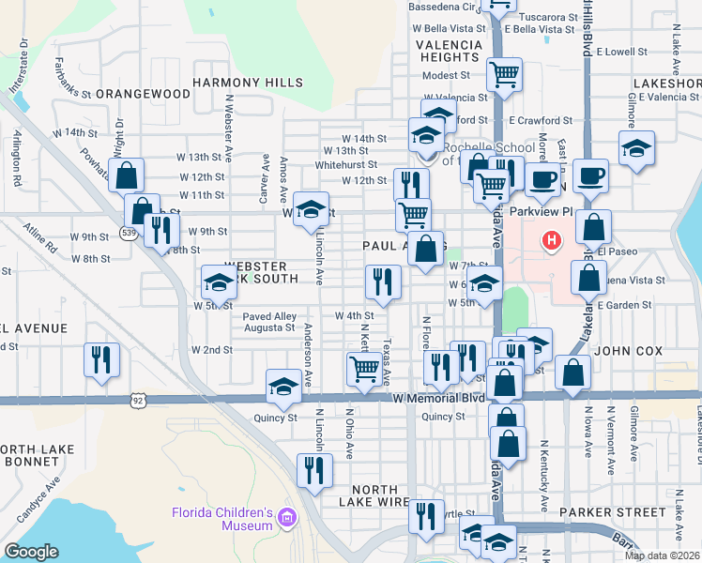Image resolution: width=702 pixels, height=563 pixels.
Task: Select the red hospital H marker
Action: [x=551, y=241]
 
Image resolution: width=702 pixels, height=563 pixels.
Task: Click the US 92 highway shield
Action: [x=138, y=400]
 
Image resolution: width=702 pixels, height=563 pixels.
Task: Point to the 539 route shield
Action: [x=128, y=232]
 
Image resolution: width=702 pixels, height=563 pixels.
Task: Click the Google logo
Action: [x=31, y=552]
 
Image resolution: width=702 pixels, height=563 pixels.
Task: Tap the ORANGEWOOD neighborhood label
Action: [x=144, y=94]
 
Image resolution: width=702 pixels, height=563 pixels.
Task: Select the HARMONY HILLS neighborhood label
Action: [x=248, y=83]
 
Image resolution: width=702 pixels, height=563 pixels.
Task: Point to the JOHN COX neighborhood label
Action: [x=628, y=351]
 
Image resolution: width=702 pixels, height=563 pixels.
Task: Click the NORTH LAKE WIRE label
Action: [x=380, y=490]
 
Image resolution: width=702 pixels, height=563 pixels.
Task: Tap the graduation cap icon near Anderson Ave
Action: [x=283, y=385]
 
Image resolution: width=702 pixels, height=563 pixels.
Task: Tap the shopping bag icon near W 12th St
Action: [x=126, y=175]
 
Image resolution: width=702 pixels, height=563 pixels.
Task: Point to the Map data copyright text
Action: [x=662, y=555]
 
